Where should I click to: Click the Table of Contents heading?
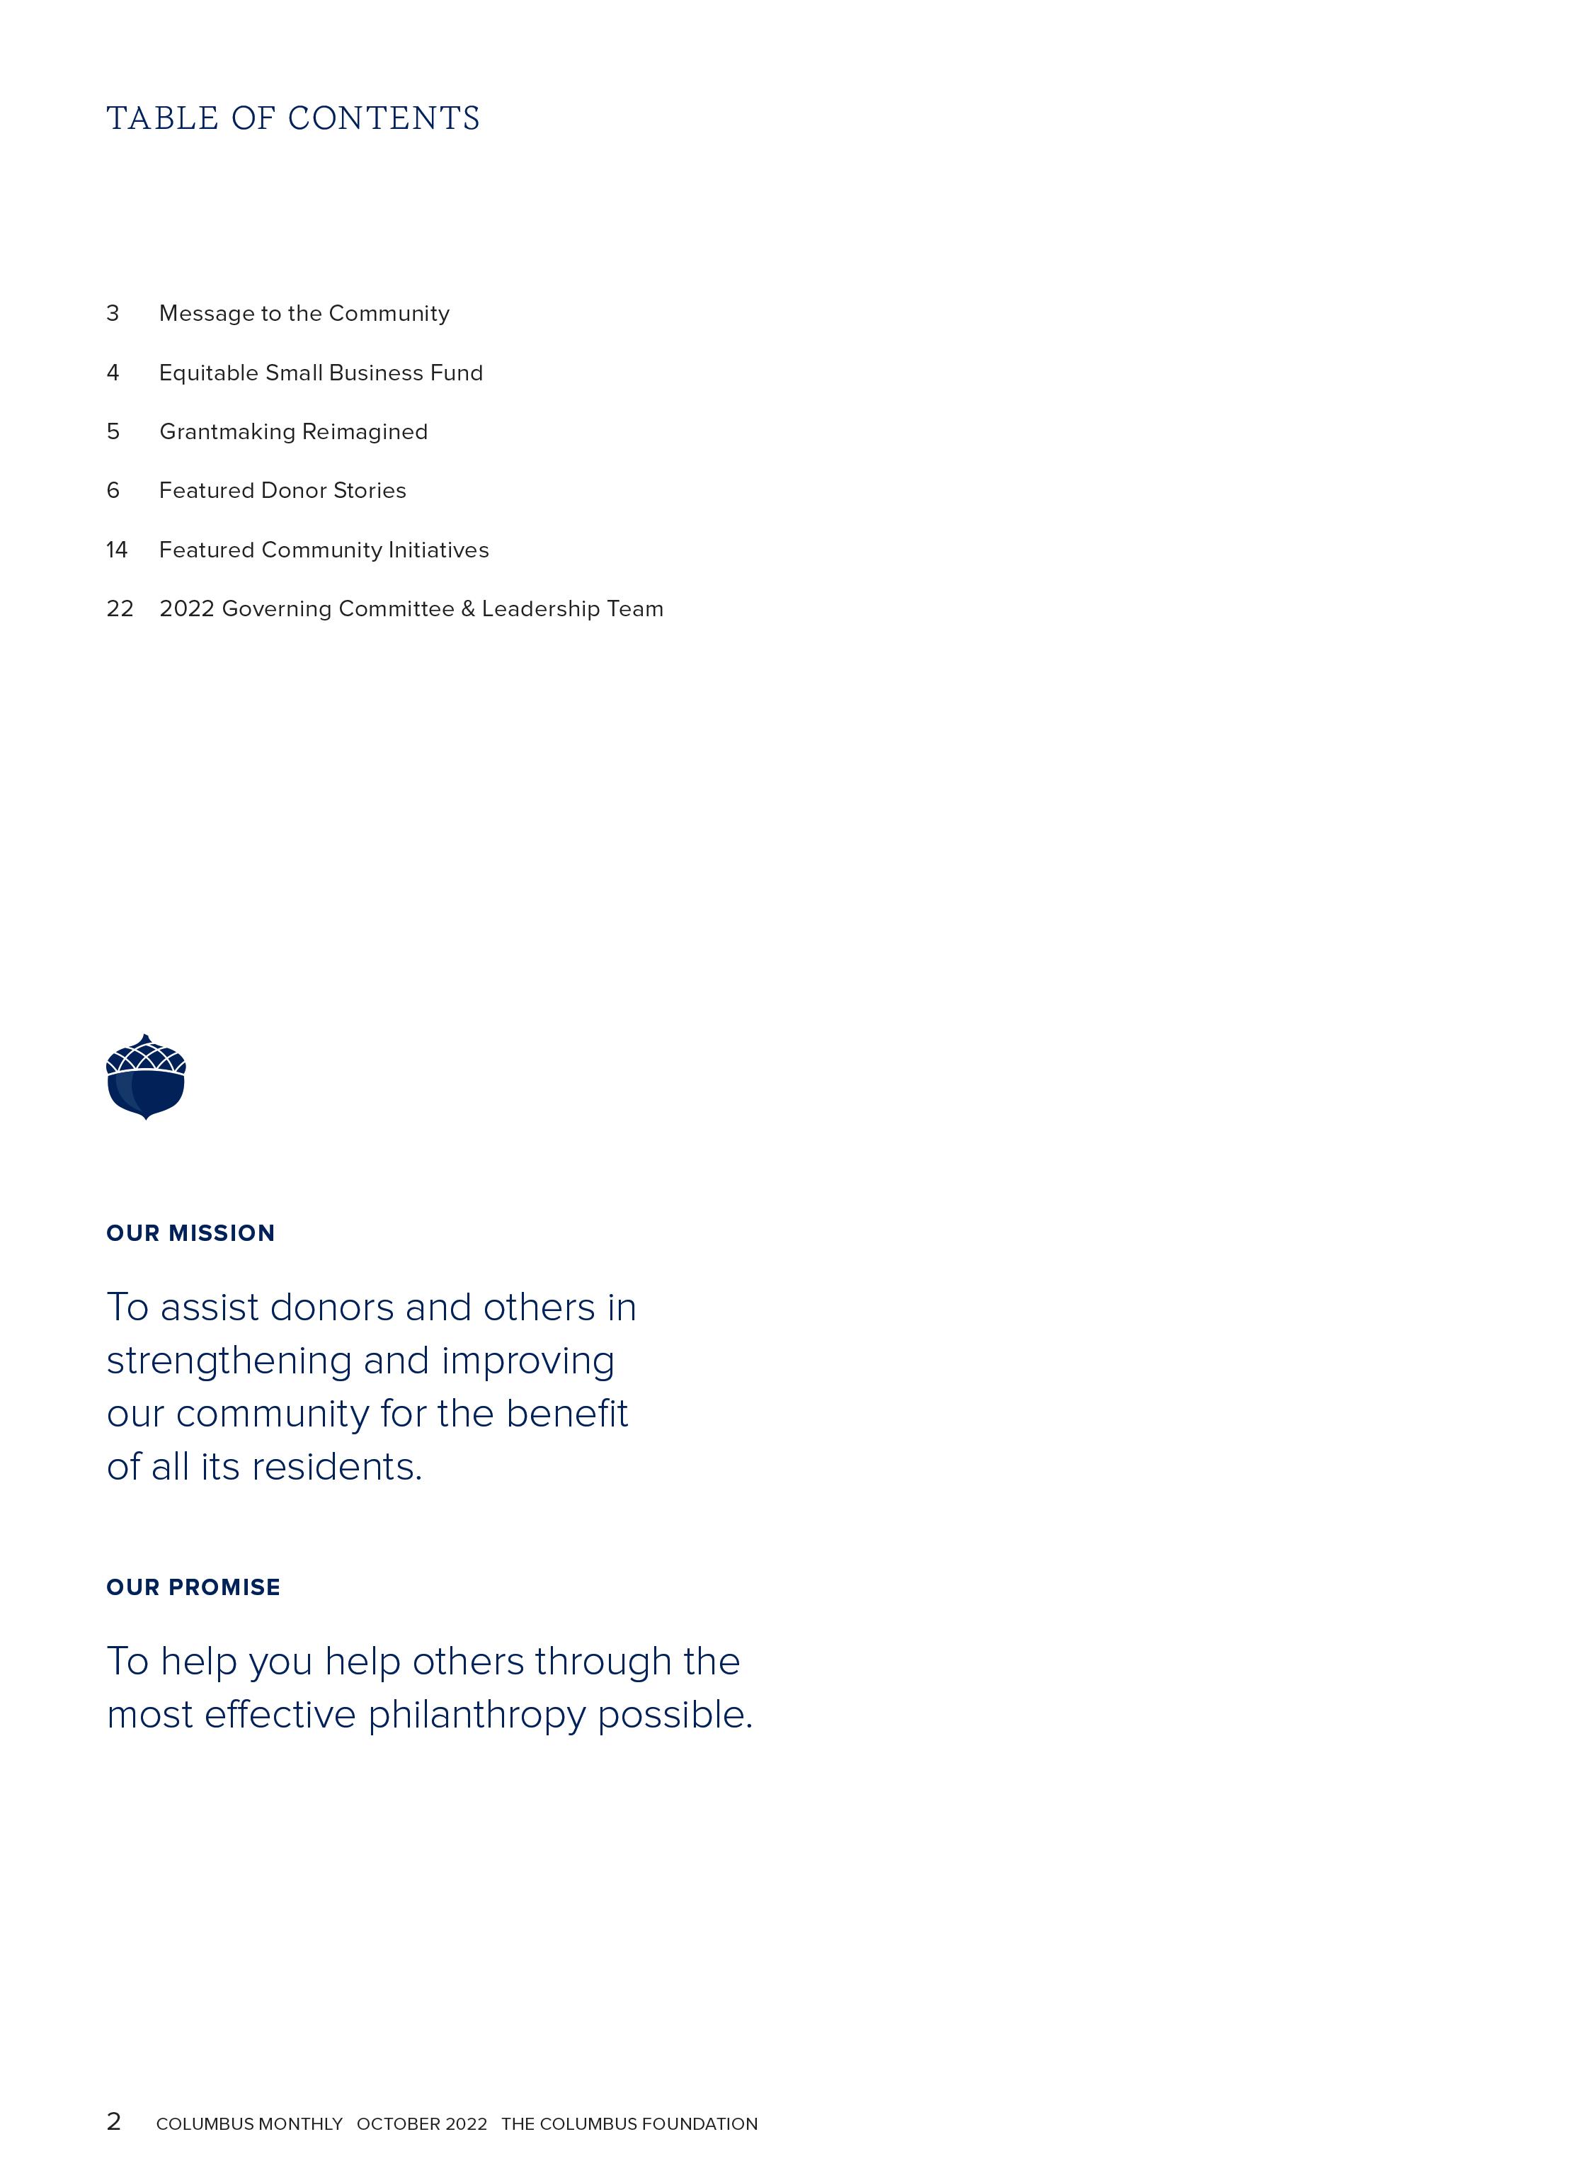pos(293,119)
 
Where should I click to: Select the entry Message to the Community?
pos(304,314)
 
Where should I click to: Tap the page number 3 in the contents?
pos(113,314)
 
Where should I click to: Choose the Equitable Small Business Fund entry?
pos(320,373)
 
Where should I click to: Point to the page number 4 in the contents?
pos(113,373)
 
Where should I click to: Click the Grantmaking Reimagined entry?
pos(293,431)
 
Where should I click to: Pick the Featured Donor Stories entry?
pos(282,490)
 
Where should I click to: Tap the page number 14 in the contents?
pos(117,550)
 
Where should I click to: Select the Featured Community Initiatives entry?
pos(324,550)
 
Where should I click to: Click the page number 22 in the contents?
pos(120,608)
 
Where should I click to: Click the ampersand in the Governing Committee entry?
pos(468,608)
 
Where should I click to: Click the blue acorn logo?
pos(146,1077)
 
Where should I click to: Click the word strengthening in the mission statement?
pos(229,1361)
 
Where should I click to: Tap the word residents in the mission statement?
pos(338,1467)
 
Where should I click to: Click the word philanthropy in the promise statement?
pos(476,1715)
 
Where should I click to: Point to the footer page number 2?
pos(114,2121)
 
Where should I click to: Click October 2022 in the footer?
pos(421,2124)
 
